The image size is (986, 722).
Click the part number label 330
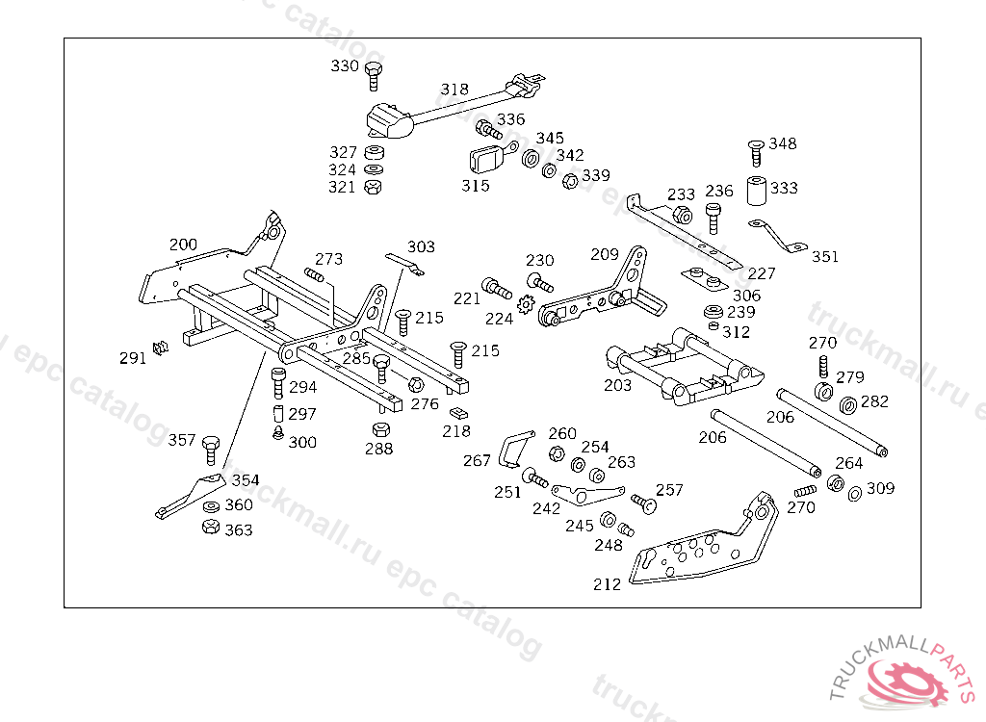(345, 66)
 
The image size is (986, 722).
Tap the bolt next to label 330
(375, 72)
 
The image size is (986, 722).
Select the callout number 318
(454, 90)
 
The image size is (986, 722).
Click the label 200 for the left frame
(183, 244)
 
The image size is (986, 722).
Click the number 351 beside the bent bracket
(824, 257)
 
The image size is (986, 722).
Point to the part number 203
(617, 385)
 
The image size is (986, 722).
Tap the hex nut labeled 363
(210, 528)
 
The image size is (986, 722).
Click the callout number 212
(607, 584)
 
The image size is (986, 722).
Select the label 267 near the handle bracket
(477, 461)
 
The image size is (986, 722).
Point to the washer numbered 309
(855, 494)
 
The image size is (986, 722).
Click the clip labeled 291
(161, 347)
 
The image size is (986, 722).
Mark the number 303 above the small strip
(421, 247)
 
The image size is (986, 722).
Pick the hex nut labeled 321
(374, 187)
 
